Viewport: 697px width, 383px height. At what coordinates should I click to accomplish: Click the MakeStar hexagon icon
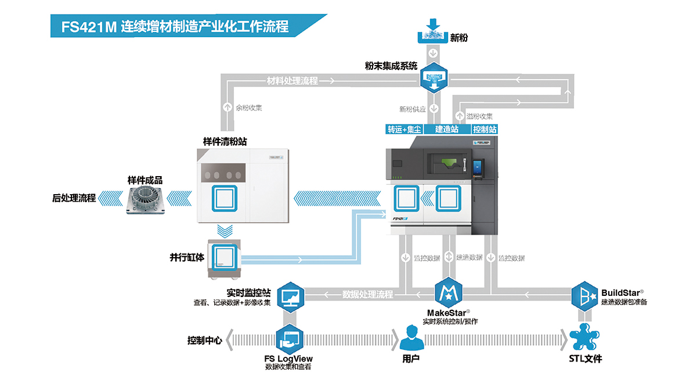449,292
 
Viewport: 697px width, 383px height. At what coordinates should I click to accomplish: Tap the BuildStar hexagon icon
584,296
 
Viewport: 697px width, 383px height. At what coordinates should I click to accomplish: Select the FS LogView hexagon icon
290,339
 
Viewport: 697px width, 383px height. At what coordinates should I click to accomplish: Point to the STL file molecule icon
584,337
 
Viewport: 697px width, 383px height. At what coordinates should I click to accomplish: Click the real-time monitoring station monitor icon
290,298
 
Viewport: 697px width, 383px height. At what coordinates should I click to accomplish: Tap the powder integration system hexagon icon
434,78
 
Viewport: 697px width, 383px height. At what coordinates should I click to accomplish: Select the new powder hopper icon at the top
433,31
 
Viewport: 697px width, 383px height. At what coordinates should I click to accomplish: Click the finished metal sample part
145,199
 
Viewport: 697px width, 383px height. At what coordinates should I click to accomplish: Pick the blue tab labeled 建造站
447,130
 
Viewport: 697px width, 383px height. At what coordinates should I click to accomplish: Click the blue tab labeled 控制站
484,130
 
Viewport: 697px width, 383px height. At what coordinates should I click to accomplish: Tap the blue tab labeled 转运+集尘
404,130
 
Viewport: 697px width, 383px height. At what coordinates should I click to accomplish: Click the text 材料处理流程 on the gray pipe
292,81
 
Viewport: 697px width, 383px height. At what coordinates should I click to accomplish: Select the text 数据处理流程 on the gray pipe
367,294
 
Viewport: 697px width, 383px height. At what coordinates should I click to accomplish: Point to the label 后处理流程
74,198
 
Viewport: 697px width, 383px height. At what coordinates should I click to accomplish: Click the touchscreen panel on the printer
478,168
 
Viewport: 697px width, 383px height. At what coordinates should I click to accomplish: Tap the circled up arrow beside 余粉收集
227,107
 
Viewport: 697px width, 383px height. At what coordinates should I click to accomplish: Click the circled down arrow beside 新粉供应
434,109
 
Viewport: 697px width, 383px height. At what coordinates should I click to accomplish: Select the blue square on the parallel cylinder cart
225,257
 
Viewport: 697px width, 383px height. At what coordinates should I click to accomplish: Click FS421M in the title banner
89,27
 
